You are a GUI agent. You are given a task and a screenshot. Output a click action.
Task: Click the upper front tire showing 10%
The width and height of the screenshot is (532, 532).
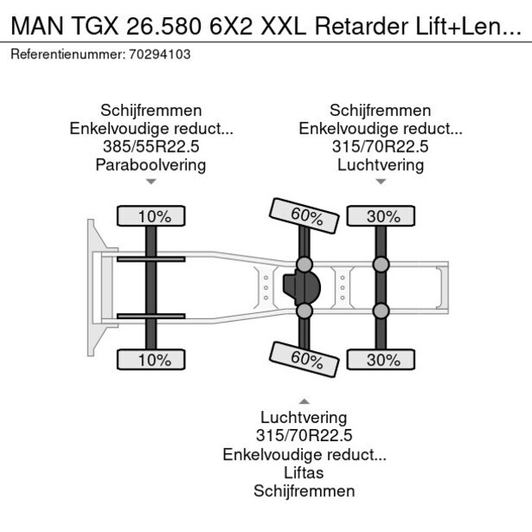(151, 216)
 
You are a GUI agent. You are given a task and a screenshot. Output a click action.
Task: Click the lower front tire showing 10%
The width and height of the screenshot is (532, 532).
(151, 360)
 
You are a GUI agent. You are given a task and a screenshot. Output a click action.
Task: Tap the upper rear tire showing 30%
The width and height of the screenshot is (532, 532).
(380, 216)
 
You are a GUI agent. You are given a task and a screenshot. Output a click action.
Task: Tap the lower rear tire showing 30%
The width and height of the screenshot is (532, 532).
(380, 360)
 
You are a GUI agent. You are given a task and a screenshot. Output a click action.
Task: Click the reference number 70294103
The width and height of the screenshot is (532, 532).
(158, 54)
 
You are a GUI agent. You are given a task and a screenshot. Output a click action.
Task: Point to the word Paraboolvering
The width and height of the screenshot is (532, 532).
(151, 165)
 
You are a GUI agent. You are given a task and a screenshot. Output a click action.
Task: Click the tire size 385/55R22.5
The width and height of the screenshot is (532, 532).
(151, 147)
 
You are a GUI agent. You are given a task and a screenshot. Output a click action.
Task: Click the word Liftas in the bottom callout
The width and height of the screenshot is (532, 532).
(304, 473)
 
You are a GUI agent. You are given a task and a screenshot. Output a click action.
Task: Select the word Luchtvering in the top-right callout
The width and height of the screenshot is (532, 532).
(380, 165)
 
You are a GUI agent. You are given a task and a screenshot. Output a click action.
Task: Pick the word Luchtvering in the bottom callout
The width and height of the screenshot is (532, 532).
(304, 418)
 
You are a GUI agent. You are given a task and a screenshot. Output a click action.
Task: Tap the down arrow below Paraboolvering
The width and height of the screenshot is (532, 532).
(151, 182)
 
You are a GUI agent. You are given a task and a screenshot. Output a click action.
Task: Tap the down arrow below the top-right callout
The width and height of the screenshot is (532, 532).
(380, 182)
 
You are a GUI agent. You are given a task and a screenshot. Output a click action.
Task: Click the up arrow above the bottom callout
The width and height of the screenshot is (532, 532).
(304, 401)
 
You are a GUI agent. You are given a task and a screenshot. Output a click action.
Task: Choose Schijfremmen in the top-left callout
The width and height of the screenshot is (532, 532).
(151, 111)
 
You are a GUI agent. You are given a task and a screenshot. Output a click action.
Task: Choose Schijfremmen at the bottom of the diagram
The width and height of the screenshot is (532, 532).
(304, 491)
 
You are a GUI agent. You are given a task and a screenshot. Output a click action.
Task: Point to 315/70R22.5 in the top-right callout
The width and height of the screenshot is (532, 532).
(380, 147)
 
